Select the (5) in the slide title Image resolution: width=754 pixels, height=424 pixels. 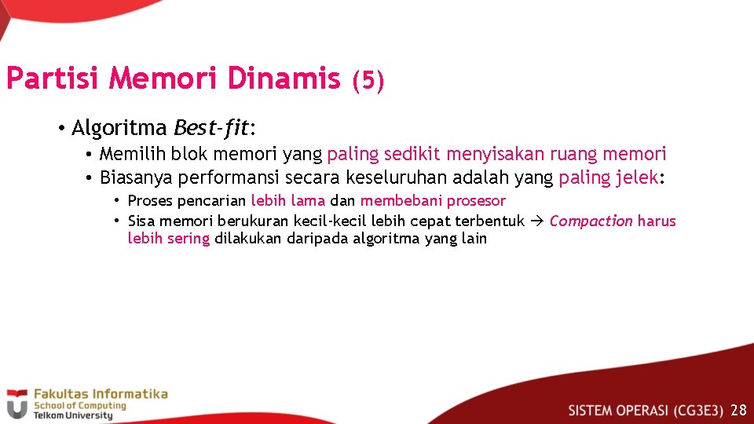click(368, 80)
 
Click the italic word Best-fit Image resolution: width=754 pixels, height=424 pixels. click(210, 127)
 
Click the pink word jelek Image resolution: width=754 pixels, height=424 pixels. click(635, 177)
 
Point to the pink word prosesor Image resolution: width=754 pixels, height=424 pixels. click(477, 201)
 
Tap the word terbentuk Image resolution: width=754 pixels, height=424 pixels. click(489, 221)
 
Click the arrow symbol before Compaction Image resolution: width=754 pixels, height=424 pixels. click(537, 221)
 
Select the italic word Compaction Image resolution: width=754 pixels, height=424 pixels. click(591, 221)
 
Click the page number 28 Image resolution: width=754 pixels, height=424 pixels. click(738, 410)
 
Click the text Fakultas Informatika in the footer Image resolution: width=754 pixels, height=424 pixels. click(100, 394)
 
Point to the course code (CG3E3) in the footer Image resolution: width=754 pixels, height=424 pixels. click(697, 410)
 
